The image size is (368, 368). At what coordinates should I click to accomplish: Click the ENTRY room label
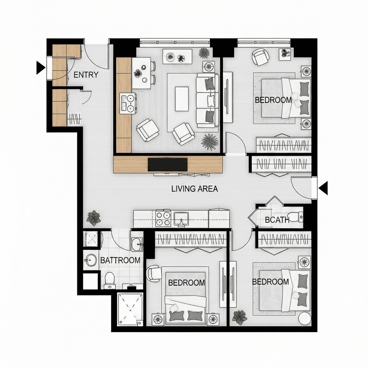[86, 75]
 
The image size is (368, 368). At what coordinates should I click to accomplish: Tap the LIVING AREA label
[194, 189]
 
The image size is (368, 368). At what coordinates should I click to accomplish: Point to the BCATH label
[277, 220]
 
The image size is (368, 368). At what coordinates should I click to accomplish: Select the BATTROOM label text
[120, 260]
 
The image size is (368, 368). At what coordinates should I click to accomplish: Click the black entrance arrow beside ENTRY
[41, 68]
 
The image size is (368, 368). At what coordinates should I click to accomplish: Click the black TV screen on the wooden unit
[167, 165]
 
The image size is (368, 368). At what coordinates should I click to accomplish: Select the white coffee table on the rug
[181, 99]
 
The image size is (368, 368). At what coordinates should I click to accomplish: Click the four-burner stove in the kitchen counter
[163, 219]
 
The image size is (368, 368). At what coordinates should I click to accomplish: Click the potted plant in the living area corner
[94, 218]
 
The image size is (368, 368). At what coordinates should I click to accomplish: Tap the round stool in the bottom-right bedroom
[304, 318]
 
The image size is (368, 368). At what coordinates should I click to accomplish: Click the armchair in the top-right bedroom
[261, 57]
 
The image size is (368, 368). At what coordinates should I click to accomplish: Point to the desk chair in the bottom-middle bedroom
[154, 273]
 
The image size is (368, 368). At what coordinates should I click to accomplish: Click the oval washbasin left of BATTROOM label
[91, 260]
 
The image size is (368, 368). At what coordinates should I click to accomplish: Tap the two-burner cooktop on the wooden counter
[128, 103]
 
